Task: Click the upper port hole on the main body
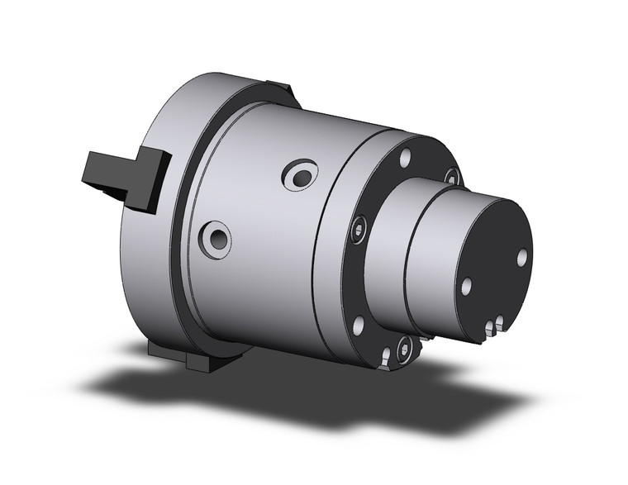click(x=299, y=175)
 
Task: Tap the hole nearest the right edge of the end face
click(x=522, y=257)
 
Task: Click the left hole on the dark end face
click(x=467, y=287)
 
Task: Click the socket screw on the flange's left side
click(x=358, y=232)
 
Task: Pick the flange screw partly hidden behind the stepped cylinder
click(x=452, y=175)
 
